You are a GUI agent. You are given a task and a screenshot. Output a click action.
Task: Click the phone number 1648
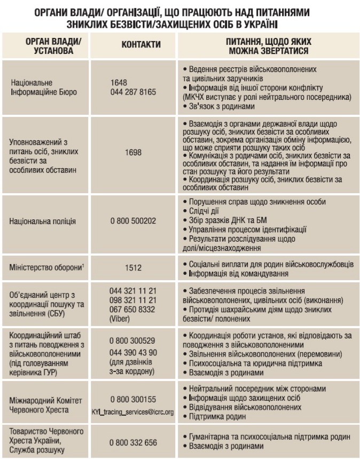119,83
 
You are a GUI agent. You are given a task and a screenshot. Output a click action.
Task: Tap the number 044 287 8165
133,92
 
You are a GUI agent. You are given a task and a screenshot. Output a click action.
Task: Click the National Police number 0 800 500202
133,220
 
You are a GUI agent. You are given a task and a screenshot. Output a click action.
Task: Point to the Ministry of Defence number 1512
134,266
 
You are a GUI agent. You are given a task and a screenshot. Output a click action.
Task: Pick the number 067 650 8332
132,310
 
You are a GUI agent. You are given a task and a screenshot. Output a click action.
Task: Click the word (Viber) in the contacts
119,319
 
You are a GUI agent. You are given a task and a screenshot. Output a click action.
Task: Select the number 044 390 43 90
133,353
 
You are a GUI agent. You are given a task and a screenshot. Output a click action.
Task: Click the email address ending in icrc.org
133,412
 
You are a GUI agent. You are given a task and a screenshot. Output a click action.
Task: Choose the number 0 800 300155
133,399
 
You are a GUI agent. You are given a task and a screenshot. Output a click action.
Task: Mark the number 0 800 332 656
133,442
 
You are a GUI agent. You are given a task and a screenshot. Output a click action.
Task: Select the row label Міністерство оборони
46,266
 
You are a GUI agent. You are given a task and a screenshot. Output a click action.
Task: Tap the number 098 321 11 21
133,300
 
